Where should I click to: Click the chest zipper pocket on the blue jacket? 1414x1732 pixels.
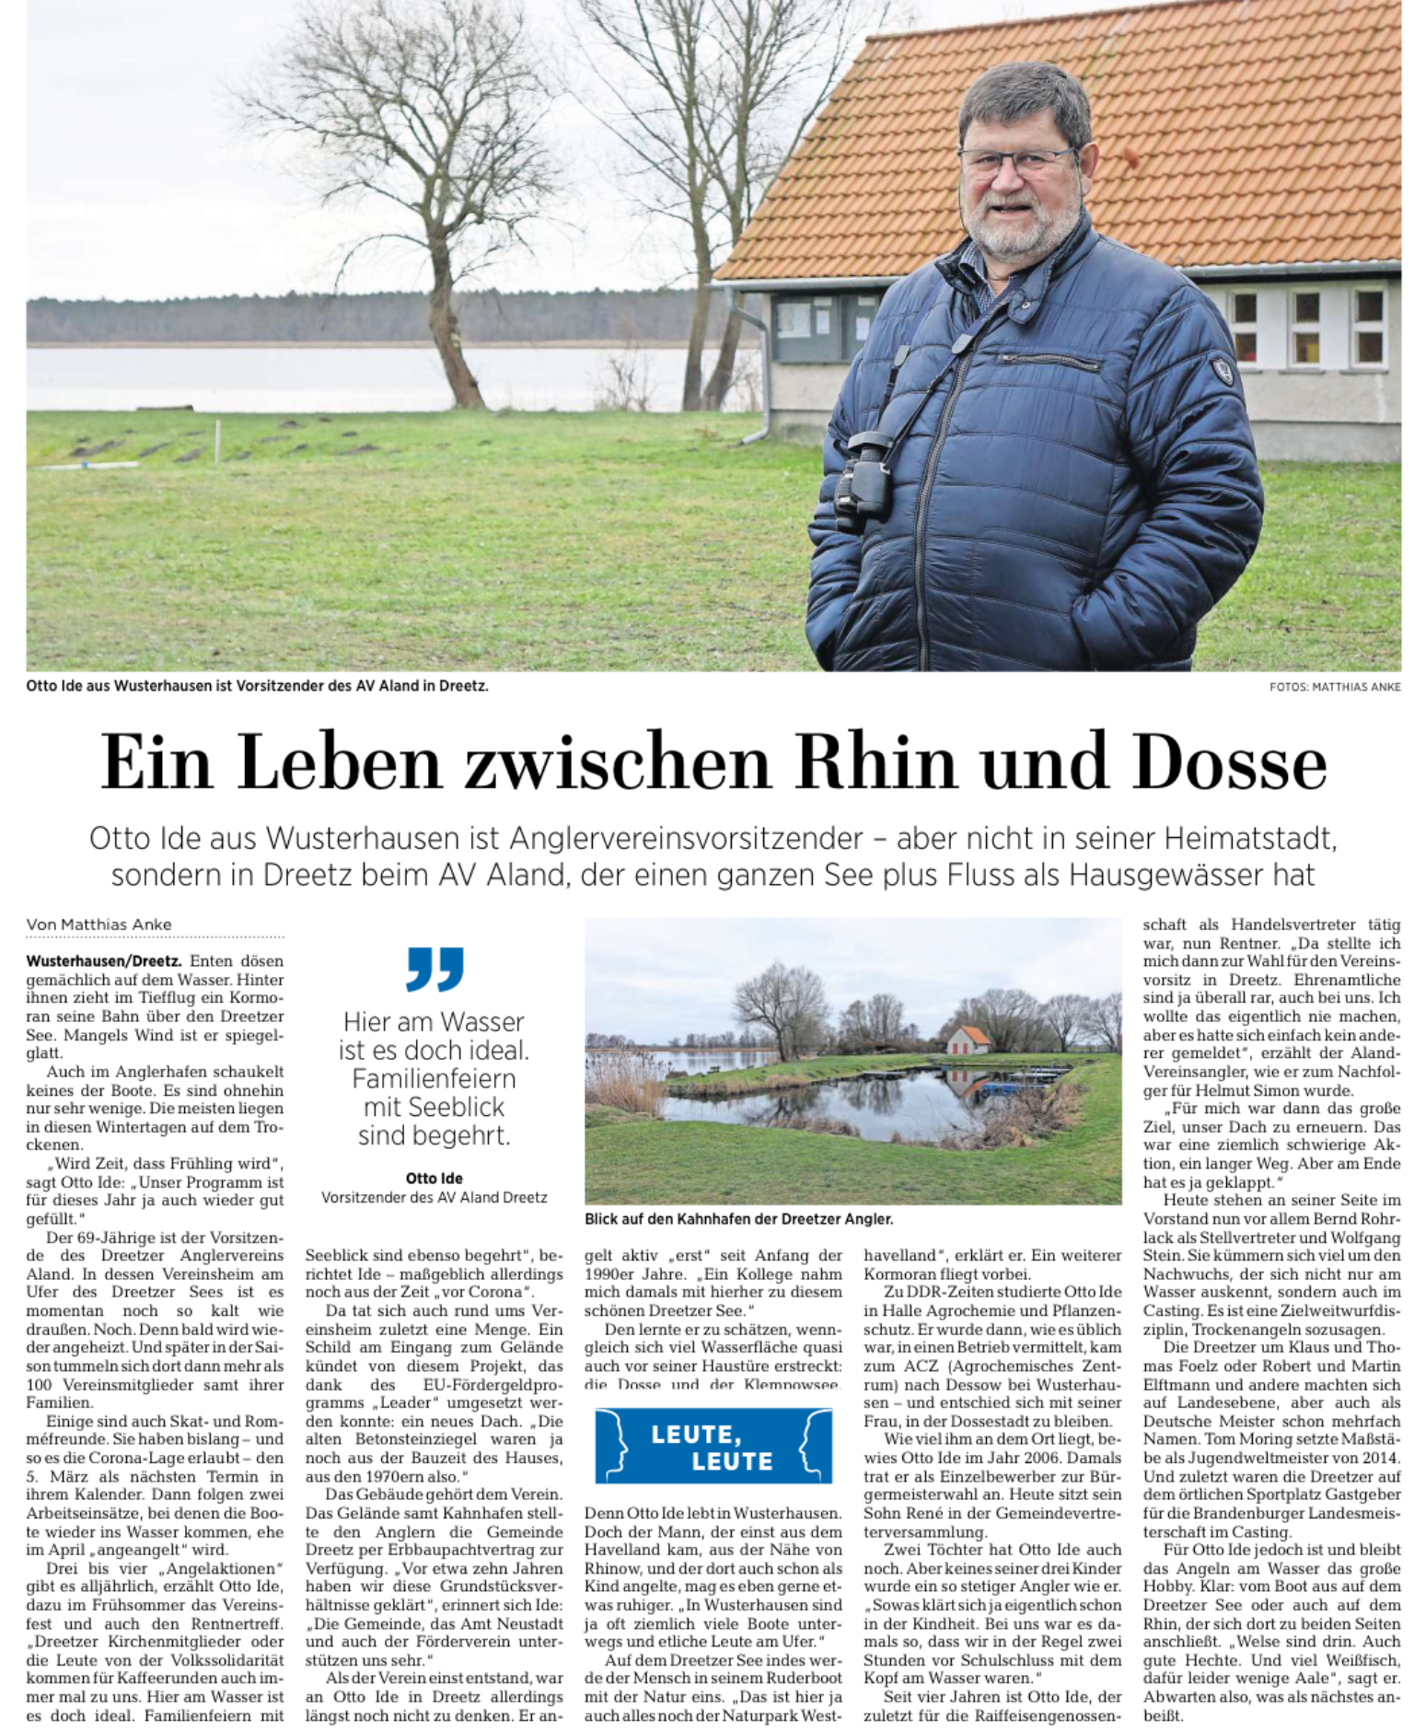1049,360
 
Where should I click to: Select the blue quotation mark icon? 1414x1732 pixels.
435,969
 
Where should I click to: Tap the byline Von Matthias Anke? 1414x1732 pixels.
99,924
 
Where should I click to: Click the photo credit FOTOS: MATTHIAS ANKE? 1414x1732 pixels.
1334,687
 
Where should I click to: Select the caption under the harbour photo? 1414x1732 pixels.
738,1219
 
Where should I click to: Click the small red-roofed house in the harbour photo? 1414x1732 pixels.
968,1040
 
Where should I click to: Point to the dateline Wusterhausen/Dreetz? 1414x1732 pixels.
104,961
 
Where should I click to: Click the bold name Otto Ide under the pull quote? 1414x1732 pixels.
435,1179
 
